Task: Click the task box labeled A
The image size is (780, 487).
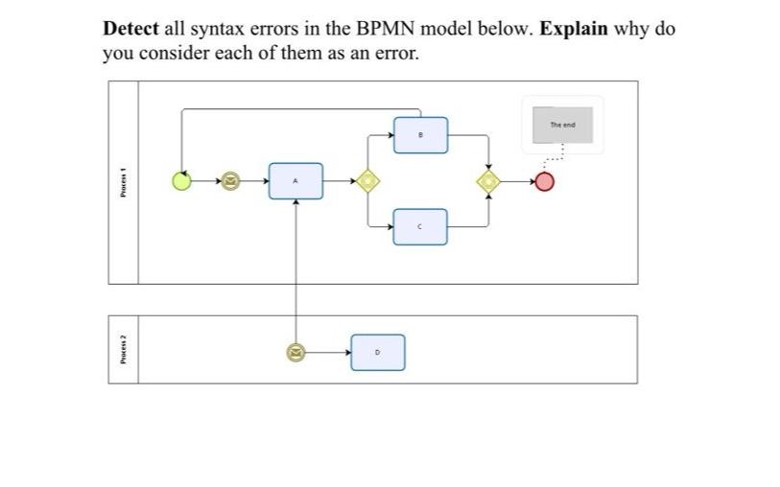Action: [295, 180]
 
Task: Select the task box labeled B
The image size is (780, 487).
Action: [420, 134]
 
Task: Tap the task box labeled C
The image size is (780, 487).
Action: [420, 226]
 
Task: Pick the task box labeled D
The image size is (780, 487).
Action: [377, 352]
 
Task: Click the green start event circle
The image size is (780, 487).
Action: [181, 180]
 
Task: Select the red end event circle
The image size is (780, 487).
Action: [544, 180]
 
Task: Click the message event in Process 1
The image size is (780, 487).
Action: [229, 180]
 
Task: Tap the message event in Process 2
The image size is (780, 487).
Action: [295, 353]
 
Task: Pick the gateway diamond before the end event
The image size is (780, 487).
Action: [489, 180]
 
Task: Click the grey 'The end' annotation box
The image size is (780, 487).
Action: [562, 125]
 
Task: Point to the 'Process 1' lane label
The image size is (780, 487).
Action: [123, 182]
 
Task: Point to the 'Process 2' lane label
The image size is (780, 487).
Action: [123, 349]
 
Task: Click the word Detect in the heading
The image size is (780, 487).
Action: [130, 29]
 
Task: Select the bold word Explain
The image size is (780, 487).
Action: [574, 29]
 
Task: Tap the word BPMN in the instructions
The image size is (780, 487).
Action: [374, 29]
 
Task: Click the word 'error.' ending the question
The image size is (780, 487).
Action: [394, 54]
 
